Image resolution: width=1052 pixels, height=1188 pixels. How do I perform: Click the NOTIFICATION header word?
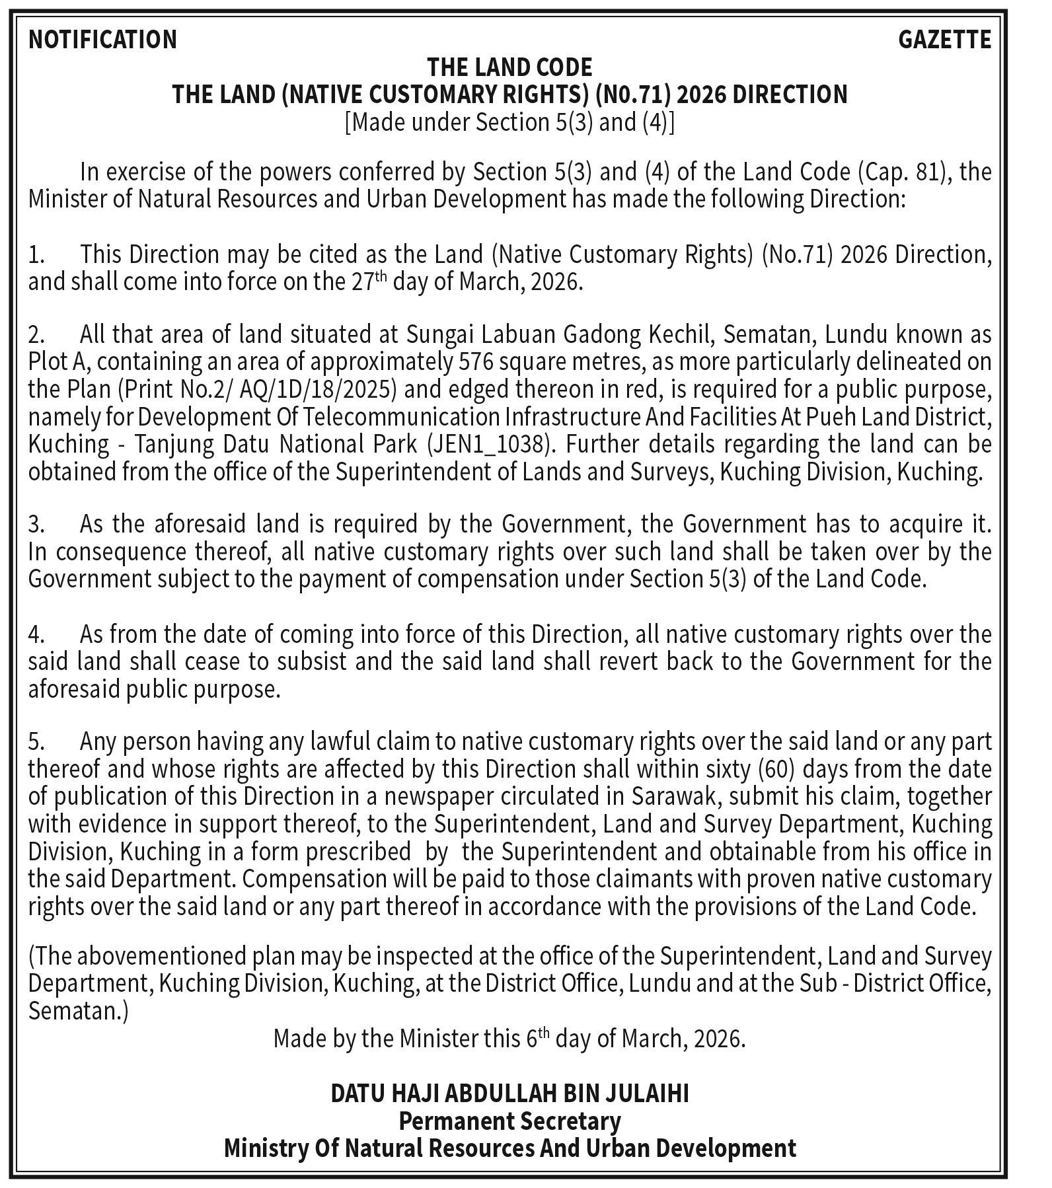click(102, 40)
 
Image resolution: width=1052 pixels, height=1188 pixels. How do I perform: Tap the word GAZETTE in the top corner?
click(944, 40)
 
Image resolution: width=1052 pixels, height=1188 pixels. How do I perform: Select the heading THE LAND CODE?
click(509, 67)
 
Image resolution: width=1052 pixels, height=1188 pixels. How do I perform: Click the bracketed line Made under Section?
click(509, 123)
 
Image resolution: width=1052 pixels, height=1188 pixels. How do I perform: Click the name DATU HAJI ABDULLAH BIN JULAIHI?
click(509, 1094)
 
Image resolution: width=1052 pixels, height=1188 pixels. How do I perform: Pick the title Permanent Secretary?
click(509, 1121)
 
